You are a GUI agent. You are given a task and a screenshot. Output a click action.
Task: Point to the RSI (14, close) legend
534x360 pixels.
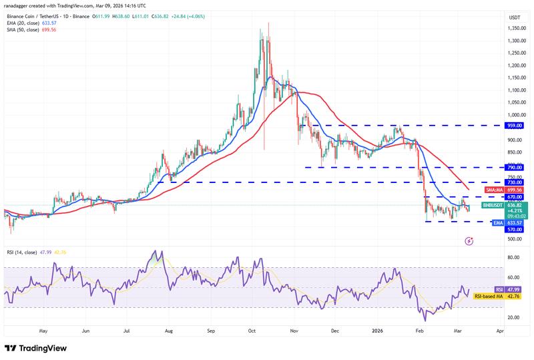click(x=24, y=252)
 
